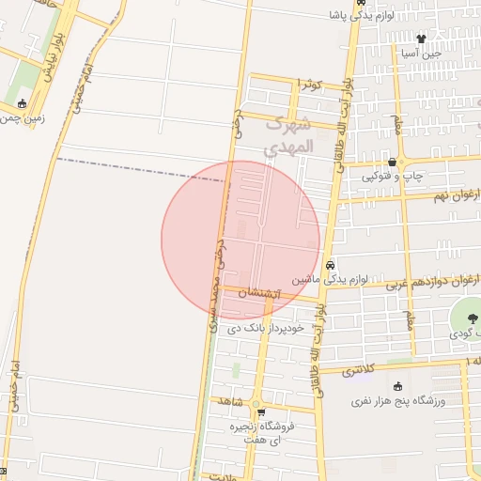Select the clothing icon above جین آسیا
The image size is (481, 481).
420,39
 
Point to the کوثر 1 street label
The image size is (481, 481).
309,85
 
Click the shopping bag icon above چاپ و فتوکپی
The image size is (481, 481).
391,162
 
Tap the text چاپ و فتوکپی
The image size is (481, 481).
396,176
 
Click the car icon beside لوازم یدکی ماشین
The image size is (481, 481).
330,265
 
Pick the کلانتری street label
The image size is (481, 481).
364,369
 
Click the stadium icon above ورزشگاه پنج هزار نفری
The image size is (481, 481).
396,385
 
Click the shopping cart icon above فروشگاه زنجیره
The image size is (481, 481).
262,411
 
